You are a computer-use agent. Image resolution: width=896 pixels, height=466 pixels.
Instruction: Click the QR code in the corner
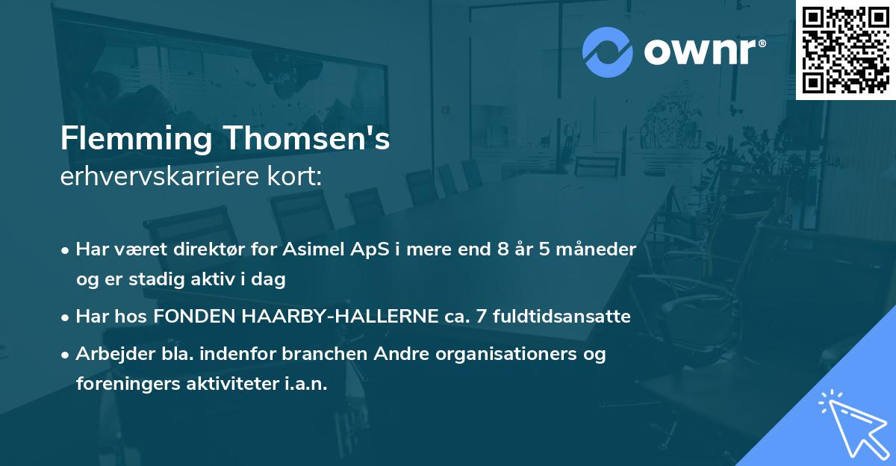click(x=845, y=50)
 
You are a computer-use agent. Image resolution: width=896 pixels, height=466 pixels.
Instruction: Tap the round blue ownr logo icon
click(x=608, y=52)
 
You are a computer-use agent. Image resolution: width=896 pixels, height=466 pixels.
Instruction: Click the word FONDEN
click(x=189, y=317)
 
